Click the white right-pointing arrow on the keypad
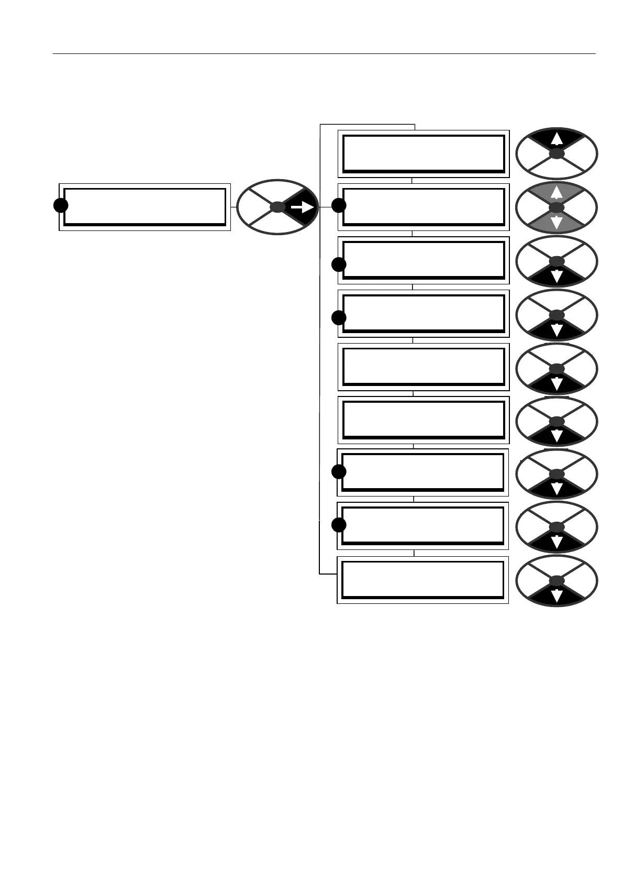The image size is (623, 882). (x=302, y=208)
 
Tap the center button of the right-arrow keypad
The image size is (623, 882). (x=278, y=207)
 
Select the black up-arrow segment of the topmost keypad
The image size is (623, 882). (x=557, y=139)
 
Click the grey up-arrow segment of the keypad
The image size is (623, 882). (x=557, y=193)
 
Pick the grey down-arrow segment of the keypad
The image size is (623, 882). (x=557, y=223)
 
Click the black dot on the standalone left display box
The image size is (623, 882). (x=61, y=205)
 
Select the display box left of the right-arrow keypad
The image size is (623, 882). (x=144, y=207)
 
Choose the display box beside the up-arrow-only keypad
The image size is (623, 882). (x=423, y=153)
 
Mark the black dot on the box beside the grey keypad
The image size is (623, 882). (x=339, y=205)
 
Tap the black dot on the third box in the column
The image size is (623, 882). (x=339, y=264)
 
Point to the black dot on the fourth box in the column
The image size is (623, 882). (x=339, y=317)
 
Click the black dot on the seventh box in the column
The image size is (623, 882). (x=339, y=471)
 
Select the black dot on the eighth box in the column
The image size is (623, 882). (x=339, y=524)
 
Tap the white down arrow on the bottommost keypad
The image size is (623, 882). (x=557, y=596)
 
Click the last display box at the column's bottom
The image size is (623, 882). (x=422, y=580)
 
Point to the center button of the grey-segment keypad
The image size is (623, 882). (x=557, y=208)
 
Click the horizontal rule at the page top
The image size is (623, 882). (x=325, y=53)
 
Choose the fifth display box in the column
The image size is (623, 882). (x=423, y=367)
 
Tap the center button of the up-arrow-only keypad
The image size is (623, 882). (x=557, y=154)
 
